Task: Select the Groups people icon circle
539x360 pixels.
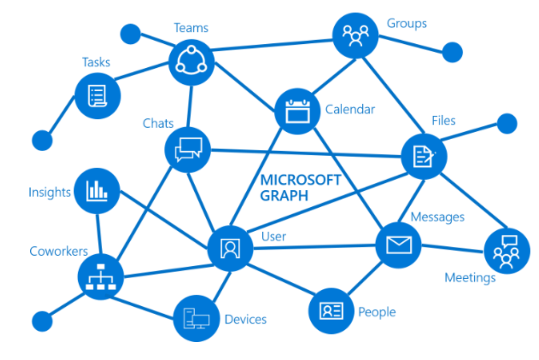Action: point(355,36)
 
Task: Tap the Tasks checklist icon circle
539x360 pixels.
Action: point(97,96)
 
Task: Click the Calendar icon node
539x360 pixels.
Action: point(297,111)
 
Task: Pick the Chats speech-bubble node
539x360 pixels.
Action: point(188,149)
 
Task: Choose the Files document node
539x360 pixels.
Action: point(423,157)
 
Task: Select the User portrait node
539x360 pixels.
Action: point(230,248)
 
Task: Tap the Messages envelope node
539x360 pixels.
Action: point(398,245)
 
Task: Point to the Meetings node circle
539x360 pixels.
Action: point(506,251)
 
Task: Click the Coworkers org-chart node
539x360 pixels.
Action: point(100,277)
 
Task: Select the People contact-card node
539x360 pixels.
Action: point(331,311)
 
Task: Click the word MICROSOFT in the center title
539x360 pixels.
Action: point(300,180)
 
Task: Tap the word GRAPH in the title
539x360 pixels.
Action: point(284,196)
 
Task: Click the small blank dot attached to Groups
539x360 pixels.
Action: point(452,52)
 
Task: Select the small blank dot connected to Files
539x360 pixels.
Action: point(507,123)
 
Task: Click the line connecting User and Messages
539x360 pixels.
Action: point(315,247)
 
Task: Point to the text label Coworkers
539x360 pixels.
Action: point(59,251)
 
